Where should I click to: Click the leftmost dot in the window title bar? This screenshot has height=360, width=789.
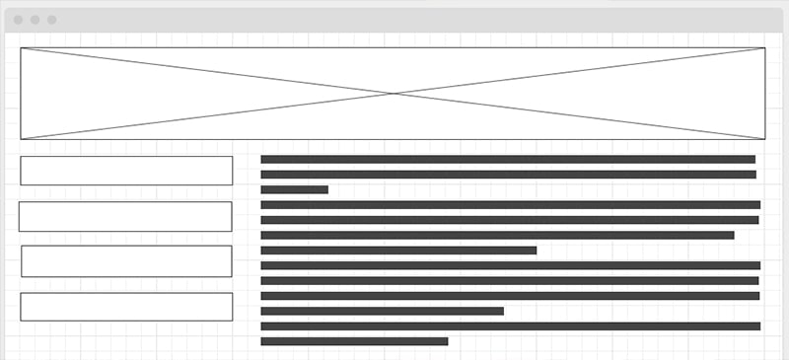[18, 20]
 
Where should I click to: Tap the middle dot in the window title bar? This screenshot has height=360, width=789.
[35, 20]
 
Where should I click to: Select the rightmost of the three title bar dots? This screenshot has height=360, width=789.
[51, 20]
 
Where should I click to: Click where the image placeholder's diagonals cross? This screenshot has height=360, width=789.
[394, 94]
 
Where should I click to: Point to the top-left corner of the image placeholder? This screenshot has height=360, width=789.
[21, 47]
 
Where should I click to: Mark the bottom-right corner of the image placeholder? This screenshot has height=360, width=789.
[765, 139]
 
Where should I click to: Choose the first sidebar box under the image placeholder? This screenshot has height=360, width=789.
[126, 171]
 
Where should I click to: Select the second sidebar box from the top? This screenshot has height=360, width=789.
[125, 217]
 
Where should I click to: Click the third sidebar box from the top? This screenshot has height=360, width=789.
[126, 261]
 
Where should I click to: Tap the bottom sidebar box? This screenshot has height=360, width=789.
[126, 307]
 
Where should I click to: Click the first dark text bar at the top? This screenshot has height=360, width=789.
[508, 159]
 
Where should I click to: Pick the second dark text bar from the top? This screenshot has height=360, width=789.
[508, 175]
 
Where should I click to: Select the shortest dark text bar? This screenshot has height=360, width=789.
[294, 189]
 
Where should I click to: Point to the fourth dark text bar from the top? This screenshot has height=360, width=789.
[510, 205]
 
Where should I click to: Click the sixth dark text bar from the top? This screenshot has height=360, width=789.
[497, 235]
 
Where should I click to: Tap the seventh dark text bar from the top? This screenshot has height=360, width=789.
[398, 251]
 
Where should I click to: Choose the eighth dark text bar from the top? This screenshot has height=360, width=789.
[510, 265]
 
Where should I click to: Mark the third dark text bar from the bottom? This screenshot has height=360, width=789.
[382, 311]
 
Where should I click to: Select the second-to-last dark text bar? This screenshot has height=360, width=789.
[510, 325]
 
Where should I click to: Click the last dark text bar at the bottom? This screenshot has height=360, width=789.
[354, 341]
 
